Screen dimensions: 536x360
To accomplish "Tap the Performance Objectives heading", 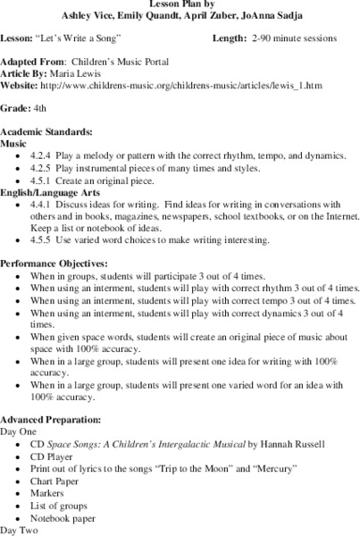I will (58, 264).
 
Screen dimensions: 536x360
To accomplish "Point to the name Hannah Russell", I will (295, 444).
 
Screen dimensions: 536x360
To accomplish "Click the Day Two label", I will (21, 531).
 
